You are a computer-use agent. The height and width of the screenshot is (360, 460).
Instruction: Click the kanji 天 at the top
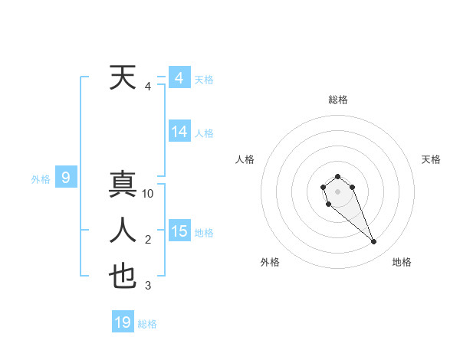point(123,77)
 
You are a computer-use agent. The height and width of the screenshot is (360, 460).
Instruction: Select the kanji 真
point(123,185)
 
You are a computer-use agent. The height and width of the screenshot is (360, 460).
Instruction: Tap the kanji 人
point(123,231)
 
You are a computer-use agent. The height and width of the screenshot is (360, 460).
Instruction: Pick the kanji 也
point(123,277)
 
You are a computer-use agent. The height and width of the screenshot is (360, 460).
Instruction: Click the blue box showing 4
point(179,78)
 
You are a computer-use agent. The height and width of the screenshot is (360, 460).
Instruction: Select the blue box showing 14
point(179,132)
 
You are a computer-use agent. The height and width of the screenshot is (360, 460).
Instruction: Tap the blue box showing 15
point(179,231)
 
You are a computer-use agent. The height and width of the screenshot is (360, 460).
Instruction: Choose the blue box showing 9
point(66,178)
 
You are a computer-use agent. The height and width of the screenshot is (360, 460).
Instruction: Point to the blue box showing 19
point(123,322)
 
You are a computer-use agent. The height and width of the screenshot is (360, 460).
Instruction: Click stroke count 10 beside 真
point(148,195)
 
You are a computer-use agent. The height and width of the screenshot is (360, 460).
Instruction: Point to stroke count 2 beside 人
point(148,241)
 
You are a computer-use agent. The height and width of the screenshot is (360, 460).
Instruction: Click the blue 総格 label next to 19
point(148,324)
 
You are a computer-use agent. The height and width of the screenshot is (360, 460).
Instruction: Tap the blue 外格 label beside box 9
point(41,179)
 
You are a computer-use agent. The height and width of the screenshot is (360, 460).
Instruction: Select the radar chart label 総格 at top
point(338,100)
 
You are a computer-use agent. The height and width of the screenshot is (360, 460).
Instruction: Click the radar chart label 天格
point(432,159)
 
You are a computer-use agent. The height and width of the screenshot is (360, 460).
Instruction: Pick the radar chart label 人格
point(245,159)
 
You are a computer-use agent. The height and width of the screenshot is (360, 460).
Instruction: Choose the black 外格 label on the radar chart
point(270,262)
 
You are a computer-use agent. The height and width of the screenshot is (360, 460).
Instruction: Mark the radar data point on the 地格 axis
point(374,242)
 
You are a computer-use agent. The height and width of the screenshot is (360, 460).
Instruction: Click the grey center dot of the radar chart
point(338,191)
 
